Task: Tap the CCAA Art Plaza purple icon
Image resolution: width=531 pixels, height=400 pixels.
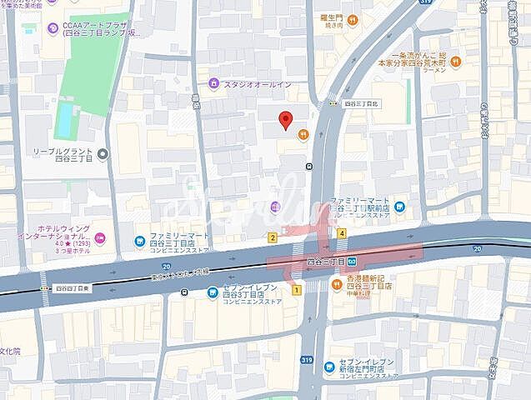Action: click(x=53, y=27)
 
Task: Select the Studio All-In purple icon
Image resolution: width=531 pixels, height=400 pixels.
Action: click(x=214, y=83)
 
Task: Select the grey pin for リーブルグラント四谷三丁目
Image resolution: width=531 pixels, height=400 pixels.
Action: click(x=103, y=153)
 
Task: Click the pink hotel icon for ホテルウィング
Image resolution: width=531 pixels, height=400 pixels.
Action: click(x=100, y=237)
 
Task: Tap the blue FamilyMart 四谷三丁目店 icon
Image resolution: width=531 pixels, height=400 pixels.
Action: click(x=139, y=242)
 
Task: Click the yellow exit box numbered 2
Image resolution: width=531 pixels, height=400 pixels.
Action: click(x=273, y=237)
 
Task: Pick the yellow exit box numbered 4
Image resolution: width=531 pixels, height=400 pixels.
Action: click(x=342, y=233)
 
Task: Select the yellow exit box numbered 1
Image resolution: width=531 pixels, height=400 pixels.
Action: click(x=296, y=289)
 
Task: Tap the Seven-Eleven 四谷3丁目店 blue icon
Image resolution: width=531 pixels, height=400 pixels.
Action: click(x=213, y=292)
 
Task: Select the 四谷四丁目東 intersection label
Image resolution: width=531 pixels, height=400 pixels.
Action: click(x=71, y=288)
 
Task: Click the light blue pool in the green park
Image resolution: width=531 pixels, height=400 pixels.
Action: click(x=63, y=122)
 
